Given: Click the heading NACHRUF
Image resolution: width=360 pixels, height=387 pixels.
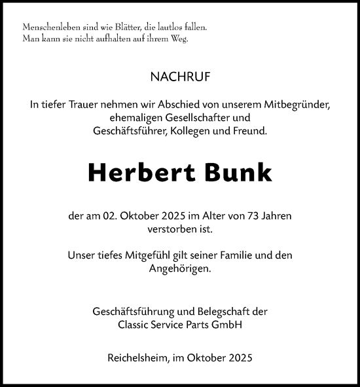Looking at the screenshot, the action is pos(180,77).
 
